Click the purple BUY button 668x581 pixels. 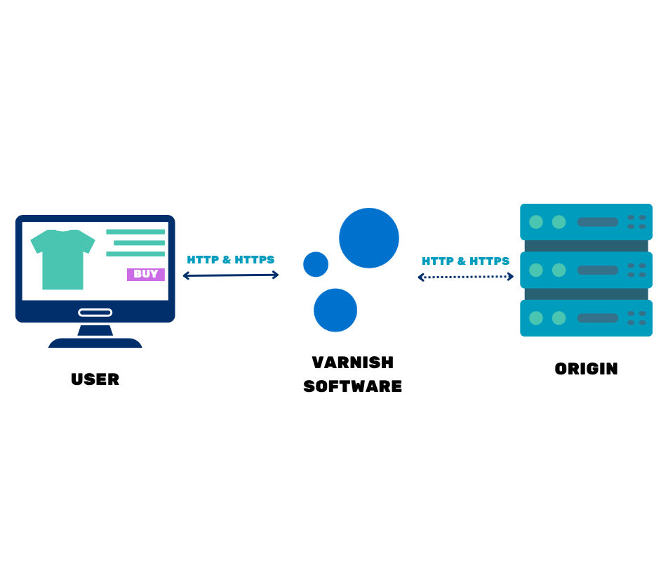tap(145, 275)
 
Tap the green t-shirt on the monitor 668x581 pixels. tap(62, 259)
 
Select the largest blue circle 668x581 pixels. tap(368, 238)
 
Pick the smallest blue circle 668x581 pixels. tap(316, 264)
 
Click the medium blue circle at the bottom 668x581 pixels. tap(335, 310)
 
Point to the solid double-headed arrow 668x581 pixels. tap(230, 275)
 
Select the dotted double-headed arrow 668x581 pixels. tap(466, 277)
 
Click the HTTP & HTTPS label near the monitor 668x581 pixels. tap(230, 260)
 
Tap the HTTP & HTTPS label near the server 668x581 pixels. tap(466, 261)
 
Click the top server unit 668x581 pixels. tap(586, 222)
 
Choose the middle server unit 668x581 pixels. tap(586, 270)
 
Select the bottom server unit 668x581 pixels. tap(586, 318)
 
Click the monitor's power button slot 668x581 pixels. tap(95, 313)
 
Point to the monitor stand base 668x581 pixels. tap(95, 343)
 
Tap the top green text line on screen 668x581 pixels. tap(135, 232)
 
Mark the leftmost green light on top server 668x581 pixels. tap(536, 222)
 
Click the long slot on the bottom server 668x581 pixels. tap(598, 318)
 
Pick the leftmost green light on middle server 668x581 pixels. tap(536, 270)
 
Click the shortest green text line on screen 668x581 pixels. tap(139, 243)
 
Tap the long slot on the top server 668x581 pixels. tap(598, 222)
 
